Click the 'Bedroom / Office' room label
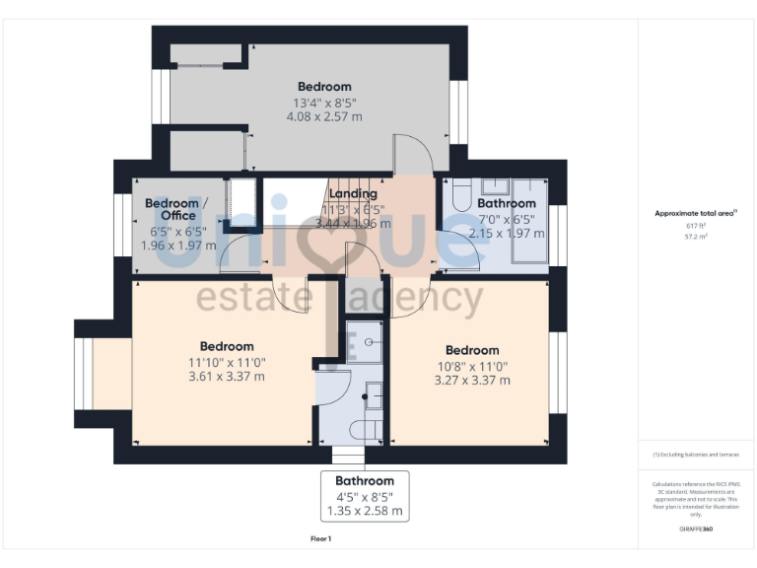coord(171,209)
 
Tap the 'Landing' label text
coord(353,194)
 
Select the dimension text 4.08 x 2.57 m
coord(324,116)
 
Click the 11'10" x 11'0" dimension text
coord(227,362)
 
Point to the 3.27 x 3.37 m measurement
coord(472,380)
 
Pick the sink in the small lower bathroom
coord(372,396)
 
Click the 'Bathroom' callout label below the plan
coord(364,481)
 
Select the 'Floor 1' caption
coord(320,539)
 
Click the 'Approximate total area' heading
coord(695,213)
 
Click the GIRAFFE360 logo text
coord(696,531)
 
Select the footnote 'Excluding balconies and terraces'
coord(696,455)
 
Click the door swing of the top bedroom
coord(412,156)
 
